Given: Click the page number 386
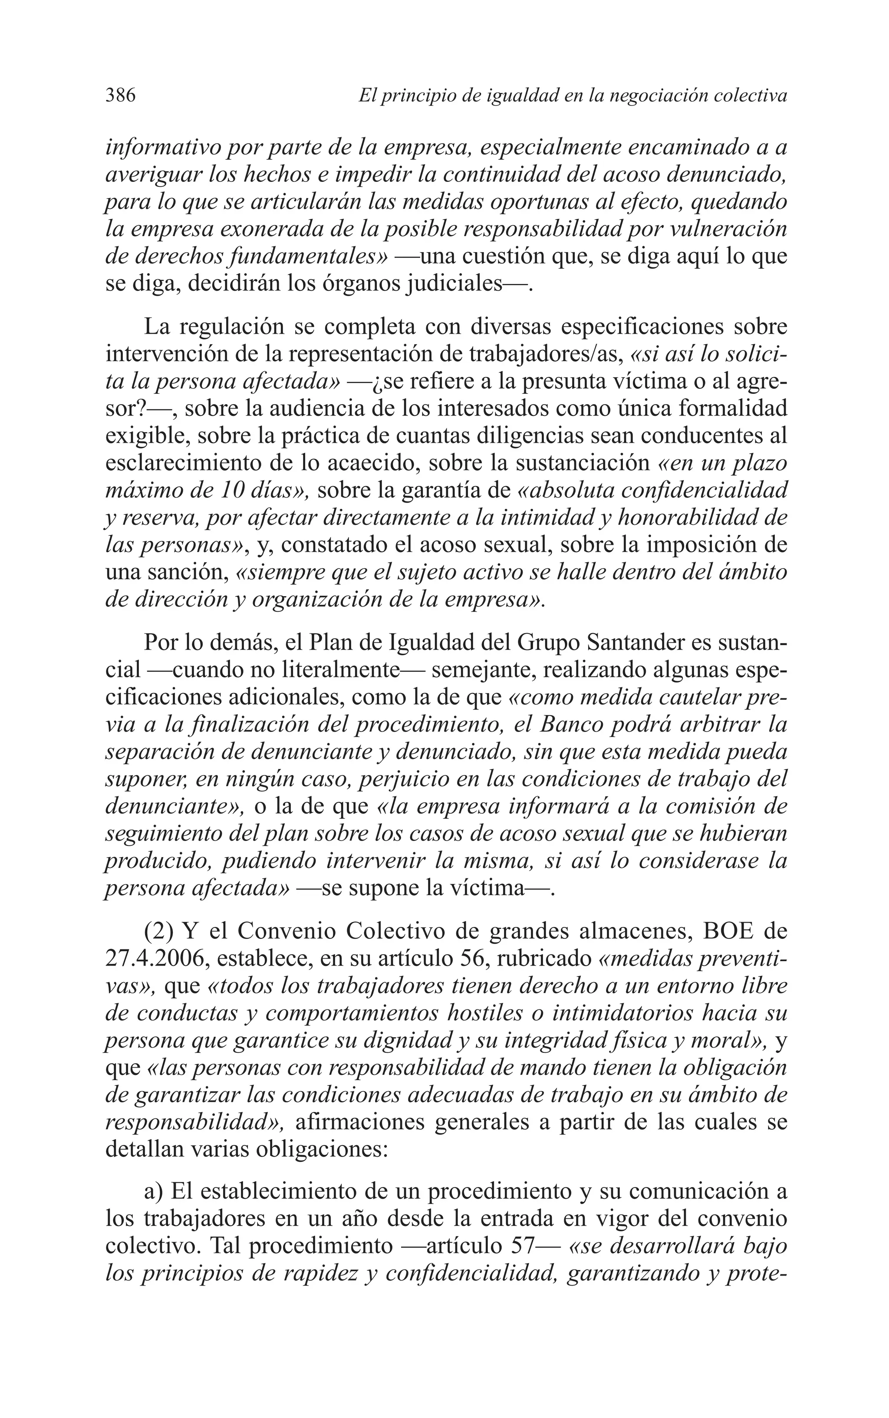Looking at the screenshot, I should [121, 95].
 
